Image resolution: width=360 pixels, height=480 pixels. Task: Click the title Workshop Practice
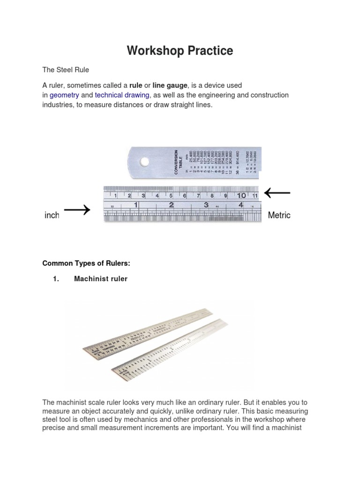coord(180,51)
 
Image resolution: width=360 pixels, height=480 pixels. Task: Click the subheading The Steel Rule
coord(66,70)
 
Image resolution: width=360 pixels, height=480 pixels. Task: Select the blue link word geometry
coord(65,95)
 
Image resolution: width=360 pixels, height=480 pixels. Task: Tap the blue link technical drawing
coord(122,95)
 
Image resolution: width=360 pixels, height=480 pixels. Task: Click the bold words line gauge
coord(170,85)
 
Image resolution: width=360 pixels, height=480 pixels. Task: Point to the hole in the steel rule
coord(144,162)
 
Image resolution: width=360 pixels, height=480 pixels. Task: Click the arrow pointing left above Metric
coord(277,192)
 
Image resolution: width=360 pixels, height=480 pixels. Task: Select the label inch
coord(52,215)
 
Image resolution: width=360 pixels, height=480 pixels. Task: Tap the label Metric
coord(279,215)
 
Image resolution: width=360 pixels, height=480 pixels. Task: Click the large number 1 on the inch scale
coord(136,205)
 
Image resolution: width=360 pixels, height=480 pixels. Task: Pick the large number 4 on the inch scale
coord(240,205)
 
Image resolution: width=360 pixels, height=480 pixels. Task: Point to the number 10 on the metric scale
coord(241,195)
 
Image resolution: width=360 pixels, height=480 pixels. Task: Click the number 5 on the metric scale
coord(171,195)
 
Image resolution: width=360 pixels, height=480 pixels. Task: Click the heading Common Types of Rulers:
coord(86,263)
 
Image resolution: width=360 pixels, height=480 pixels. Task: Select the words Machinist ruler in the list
coord(101,279)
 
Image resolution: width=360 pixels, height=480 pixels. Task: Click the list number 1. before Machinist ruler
coord(56,279)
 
